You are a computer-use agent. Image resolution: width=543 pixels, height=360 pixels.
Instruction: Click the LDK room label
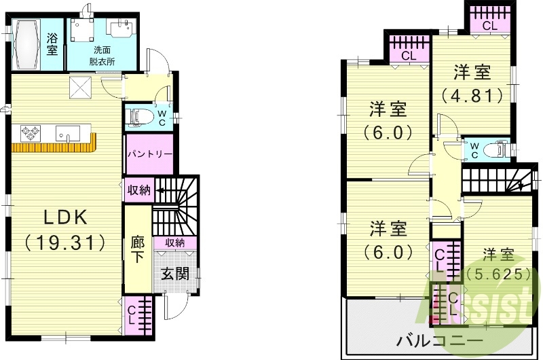(x=66, y=217)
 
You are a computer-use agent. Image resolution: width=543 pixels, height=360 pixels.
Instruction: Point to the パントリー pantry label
(x=149, y=154)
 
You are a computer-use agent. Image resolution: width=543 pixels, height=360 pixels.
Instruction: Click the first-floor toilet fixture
(x=141, y=116)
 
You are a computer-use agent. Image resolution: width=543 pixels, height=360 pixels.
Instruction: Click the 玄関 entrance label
(x=174, y=273)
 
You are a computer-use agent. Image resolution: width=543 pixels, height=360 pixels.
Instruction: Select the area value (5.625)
(x=498, y=274)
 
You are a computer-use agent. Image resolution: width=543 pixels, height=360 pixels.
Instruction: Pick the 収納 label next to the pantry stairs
(x=139, y=190)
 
